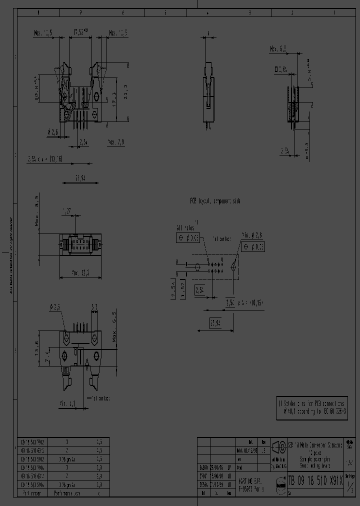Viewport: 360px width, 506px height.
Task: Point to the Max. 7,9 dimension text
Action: [x=116, y=142]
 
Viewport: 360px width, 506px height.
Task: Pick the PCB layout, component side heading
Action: [x=214, y=200]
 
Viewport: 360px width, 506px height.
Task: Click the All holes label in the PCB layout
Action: [x=185, y=228]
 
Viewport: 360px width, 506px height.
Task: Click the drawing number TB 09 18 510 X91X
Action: [x=315, y=481]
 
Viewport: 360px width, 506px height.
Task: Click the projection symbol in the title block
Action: [x=278, y=446]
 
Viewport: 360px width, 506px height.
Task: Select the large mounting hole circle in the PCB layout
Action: [x=233, y=267]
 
